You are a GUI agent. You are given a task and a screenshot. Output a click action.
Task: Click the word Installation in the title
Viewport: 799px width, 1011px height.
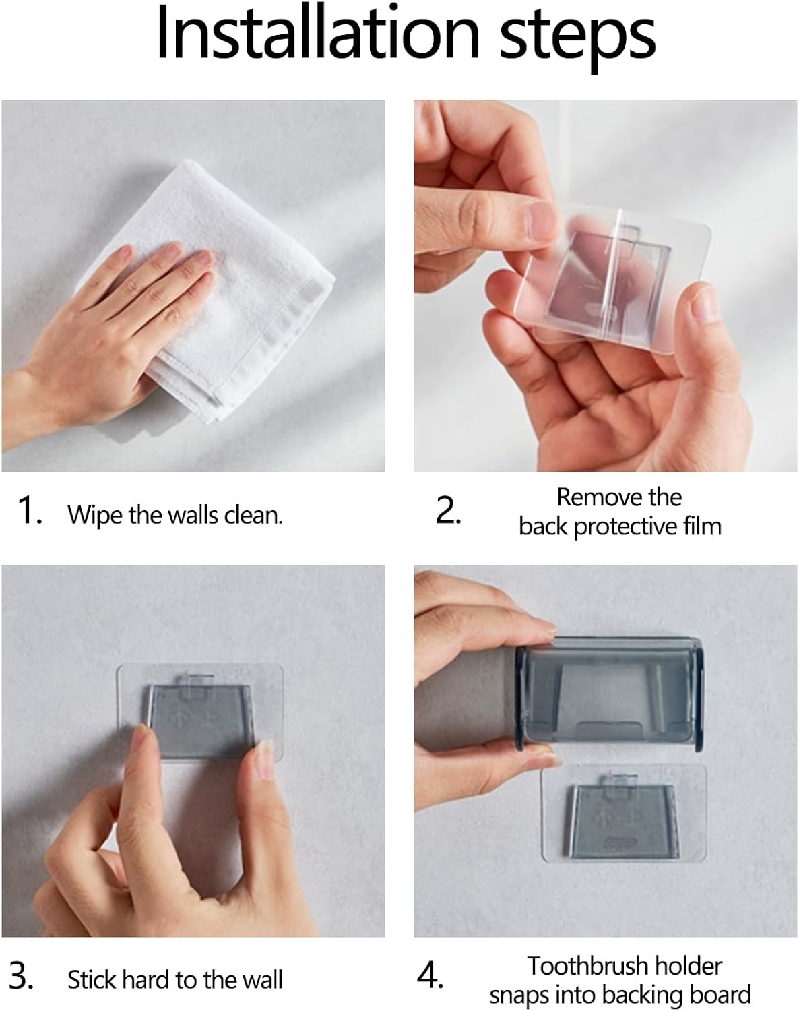click(317, 34)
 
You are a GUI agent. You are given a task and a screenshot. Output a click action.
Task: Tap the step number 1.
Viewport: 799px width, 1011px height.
click(30, 510)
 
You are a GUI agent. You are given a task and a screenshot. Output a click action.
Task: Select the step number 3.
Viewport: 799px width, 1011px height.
click(22, 976)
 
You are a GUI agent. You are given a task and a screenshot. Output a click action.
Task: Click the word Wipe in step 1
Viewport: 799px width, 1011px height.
click(95, 515)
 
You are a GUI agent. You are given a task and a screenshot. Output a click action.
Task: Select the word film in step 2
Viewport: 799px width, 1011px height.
click(700, 526)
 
